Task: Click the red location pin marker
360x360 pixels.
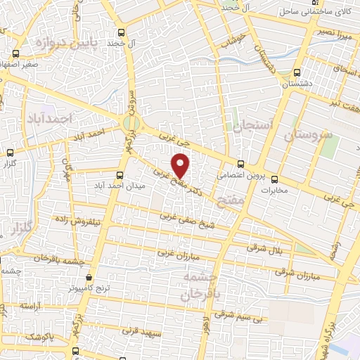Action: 181,165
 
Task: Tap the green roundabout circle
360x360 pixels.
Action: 131,124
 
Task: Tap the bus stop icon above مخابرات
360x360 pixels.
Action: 274,179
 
